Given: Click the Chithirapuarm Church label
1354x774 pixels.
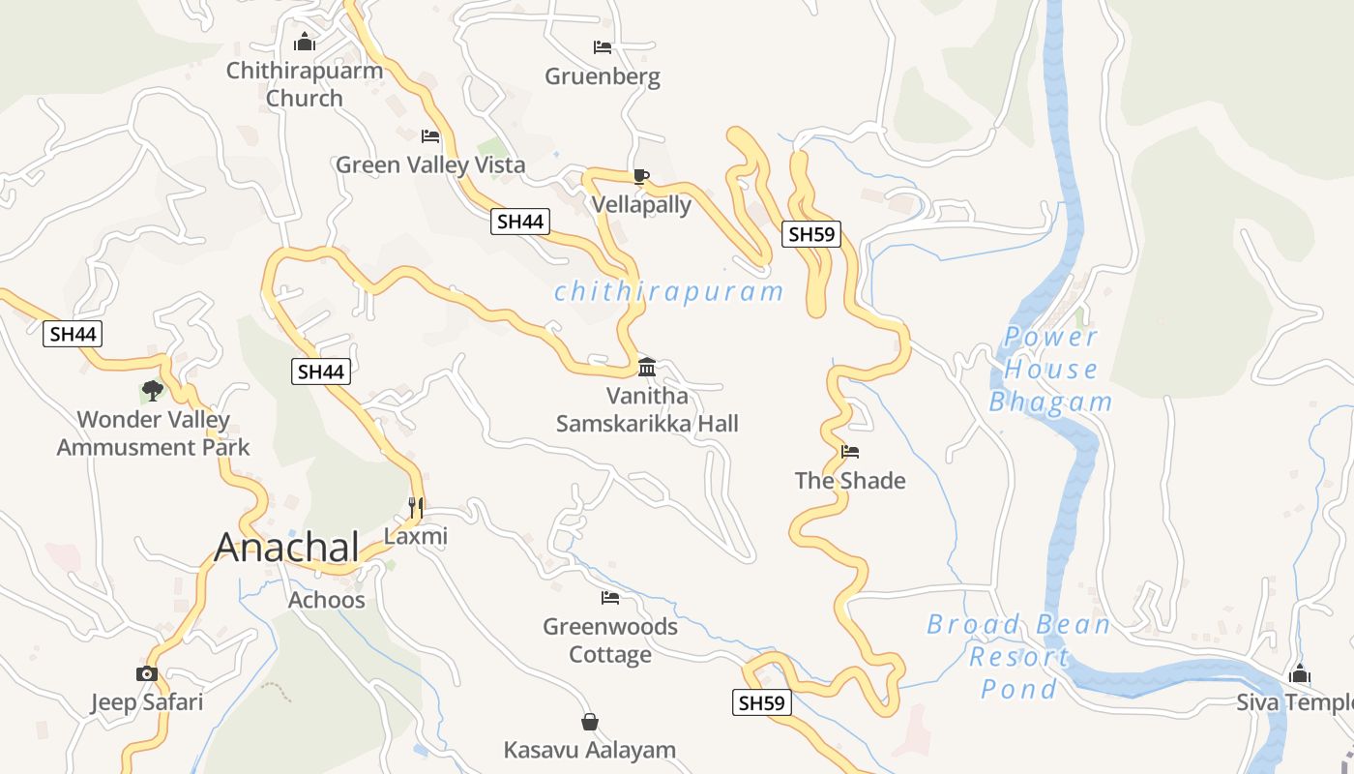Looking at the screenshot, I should pyautogui.click(x=305, y=84).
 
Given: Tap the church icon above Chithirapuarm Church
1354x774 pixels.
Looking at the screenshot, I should pyautogui.click(x=305, y=42).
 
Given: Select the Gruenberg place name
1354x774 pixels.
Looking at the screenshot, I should pyautogui.click(x=603, y=76).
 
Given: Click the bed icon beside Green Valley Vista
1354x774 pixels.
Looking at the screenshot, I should pyautogui.click(x=430, y=136).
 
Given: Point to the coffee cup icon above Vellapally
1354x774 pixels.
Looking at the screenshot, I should pyautogui.click(x=640, y=175).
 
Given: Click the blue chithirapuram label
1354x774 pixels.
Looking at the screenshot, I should pyautogui.click(x=668, y=291).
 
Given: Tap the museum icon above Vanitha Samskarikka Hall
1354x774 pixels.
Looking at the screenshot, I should pyautogui.click(x=647, y=367).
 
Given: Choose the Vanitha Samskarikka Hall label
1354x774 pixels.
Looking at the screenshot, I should pyautogui.click(x=647, y=409).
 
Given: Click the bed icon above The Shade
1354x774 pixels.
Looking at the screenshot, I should pyautogui.click(x=850, y=451).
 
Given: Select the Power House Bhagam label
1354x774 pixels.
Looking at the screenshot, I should pyautogui.click(x=1050, y=370).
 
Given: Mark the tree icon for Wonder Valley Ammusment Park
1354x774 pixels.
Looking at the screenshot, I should pyautogui.click(x=152, y=391).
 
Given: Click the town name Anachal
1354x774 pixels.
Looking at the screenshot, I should pyautogui.click(x=287, y=547).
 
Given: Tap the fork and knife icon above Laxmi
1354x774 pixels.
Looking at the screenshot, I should pyautogui.click(x=416, y=506).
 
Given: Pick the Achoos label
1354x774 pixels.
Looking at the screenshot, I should pyautogui.click(x=327, y=600).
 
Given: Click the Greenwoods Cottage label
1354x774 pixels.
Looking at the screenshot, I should pyautogui.click(x=610, y=640).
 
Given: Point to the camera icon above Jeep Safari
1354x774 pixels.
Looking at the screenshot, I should pyautogui.click(x=147, y=673).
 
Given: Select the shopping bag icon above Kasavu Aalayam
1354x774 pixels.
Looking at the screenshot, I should pyautogui.click(x=590, y=722).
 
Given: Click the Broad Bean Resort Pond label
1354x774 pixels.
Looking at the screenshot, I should pyautogui.click(x=1018, y=657).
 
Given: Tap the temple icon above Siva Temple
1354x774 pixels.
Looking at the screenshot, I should pyautogui.click(x=1300, y=673).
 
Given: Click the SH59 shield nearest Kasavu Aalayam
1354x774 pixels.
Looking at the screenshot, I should pyautogui.click(x=761, y=703).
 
